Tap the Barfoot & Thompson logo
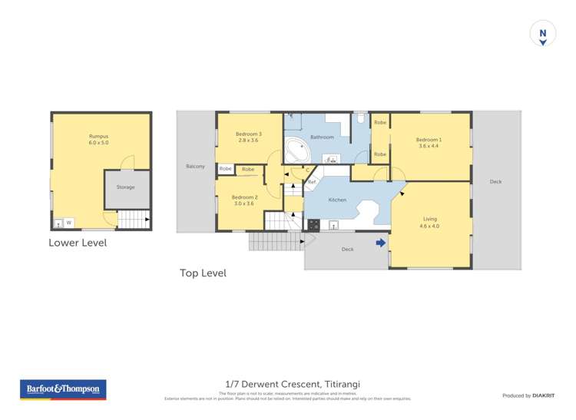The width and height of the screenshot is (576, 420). pos(64,389)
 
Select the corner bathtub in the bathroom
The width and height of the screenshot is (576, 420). pos(296,151)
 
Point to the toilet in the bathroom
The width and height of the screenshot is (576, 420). pos(360,119)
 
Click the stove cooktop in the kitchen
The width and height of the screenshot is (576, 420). pos(313,225)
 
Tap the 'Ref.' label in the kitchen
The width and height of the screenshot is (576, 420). pos(312,182)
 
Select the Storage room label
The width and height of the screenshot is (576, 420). pos(125,187)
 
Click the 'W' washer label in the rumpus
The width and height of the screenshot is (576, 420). pos(68,223)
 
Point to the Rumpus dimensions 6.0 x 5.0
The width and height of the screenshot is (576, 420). pos(99,143)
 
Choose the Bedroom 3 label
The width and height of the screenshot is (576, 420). pos(248,134)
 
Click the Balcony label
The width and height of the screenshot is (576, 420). pos(195,166)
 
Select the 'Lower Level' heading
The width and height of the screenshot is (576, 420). pos(78,243)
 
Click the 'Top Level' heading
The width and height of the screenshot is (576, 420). pos(203,273)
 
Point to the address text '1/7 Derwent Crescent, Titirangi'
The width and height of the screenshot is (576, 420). pos(293,384)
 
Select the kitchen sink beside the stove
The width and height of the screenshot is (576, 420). pos(333,225)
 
